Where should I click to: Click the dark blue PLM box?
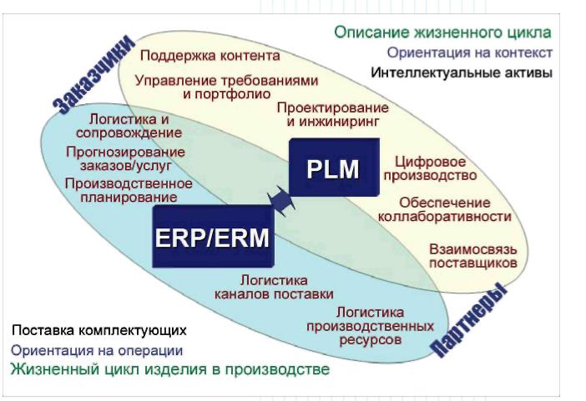coord(332,170)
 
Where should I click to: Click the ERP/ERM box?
coord(213,238)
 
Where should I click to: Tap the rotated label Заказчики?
coord(93,73)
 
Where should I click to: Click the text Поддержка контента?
coord(210,56)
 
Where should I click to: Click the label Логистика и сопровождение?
coord(129,125)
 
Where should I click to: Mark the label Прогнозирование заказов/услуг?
coord(125,158)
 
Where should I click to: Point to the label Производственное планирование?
coord(128,190)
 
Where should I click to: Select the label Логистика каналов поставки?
coord(274,287)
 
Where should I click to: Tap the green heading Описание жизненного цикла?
coord(442,33)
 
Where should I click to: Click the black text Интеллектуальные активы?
coord(461,73)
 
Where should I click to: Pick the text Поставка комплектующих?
coord(98,330)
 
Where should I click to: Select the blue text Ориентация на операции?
coord(97,351)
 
